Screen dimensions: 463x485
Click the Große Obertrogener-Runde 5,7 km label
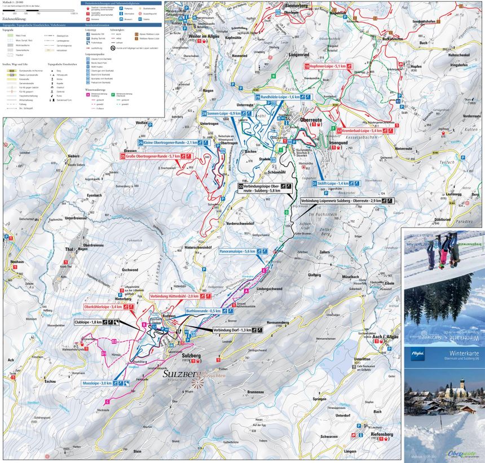pos(152,156)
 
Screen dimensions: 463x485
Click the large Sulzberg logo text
pos(180,374)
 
